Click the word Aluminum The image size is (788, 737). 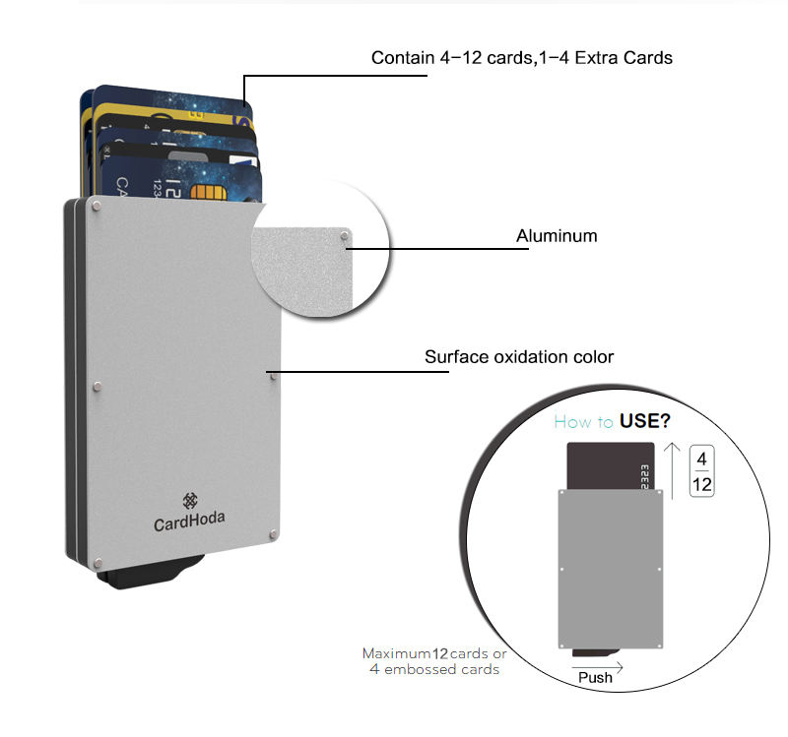[x=557, y=236]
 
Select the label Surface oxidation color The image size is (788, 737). [x=519, y=357]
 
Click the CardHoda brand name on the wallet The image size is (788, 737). [x=189, y=524]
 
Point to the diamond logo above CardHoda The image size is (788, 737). [x=190, y=501]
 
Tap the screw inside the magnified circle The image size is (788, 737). [x=342, y=236]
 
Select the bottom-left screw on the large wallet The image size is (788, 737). [x=96, y=563]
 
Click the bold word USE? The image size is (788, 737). [x=645, y=422]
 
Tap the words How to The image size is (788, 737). [x=584, y=422]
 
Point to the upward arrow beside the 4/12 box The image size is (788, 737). [x=673, y=467]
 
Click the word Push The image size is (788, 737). [x=595, y=677]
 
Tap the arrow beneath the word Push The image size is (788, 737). [x=596, y=665]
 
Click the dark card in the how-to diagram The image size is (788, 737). [x=601, y=467]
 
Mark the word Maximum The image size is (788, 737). [x=391, y=653]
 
